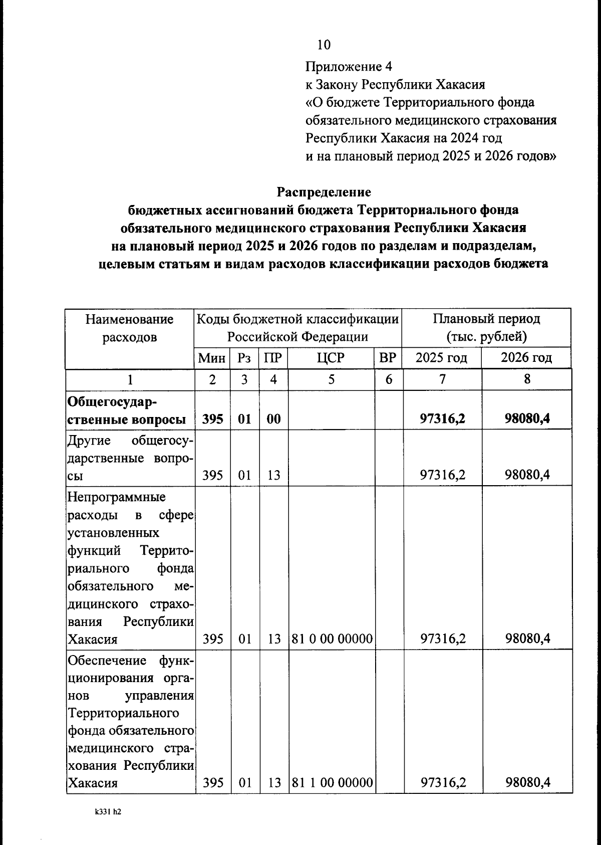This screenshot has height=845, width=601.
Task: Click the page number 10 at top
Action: click(x=324, y=45)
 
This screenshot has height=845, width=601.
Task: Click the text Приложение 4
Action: click(x=349, y=67)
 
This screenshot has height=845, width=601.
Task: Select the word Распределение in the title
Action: click(x=324, y=192)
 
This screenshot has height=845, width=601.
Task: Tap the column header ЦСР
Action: click(x=331, y=358)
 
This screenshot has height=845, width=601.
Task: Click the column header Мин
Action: click(x=212, y=358)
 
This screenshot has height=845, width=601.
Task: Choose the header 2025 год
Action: click(x=442, y=358)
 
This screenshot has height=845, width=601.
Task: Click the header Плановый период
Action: click(x=486, y=319)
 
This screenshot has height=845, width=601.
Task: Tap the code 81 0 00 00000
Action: click(x=332, y=639)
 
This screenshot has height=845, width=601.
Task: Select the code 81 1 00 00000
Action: click(x=332, y=783)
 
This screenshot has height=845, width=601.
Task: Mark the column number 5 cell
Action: click(x=331, y=379)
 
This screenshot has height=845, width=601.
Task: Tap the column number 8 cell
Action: click(x=527, y=379)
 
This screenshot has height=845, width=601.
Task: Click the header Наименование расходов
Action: click(x=129, y=328)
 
